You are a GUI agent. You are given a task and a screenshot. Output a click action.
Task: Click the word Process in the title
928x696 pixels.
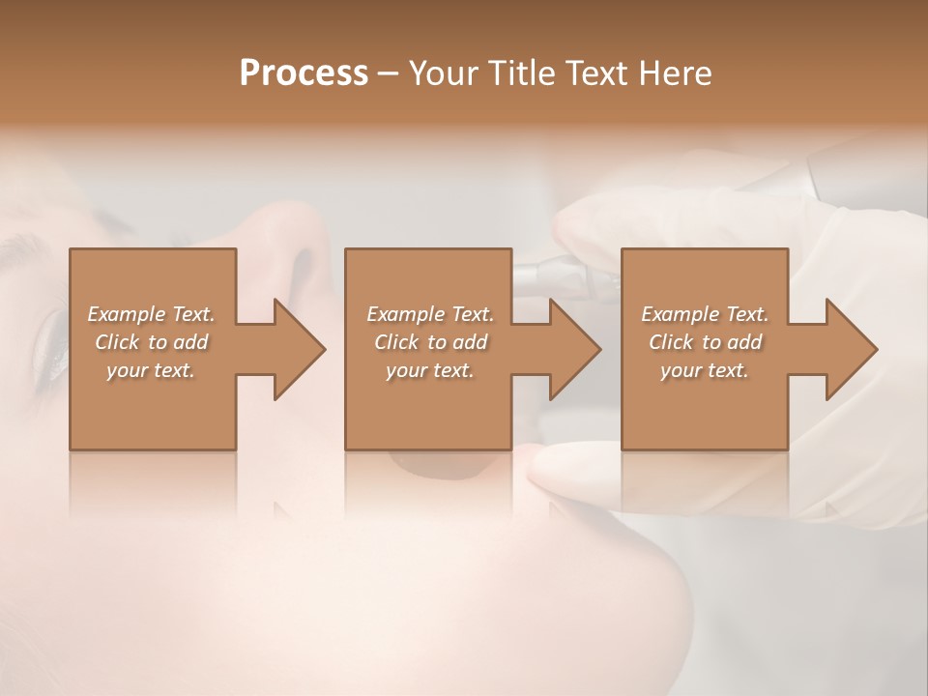(x=304, y=73)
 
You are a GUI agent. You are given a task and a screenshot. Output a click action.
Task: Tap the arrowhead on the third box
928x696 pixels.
(x=850, y=349)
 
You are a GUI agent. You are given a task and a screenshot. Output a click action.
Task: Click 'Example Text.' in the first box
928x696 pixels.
(x=151, y=314)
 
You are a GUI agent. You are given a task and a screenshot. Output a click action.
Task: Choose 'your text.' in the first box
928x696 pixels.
(x=151, y=370)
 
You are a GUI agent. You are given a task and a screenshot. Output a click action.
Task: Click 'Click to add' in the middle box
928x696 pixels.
(x=430, y=342)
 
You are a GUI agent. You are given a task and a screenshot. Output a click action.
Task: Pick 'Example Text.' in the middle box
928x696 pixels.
(x=430, y=314)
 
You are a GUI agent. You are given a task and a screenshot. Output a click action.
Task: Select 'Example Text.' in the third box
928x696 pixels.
(x=705, y=314)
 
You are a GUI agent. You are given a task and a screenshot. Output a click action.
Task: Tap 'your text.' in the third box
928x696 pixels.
(x=705, y=370)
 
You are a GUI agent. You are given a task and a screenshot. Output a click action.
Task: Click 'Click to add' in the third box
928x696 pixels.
(x=705, y=342)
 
